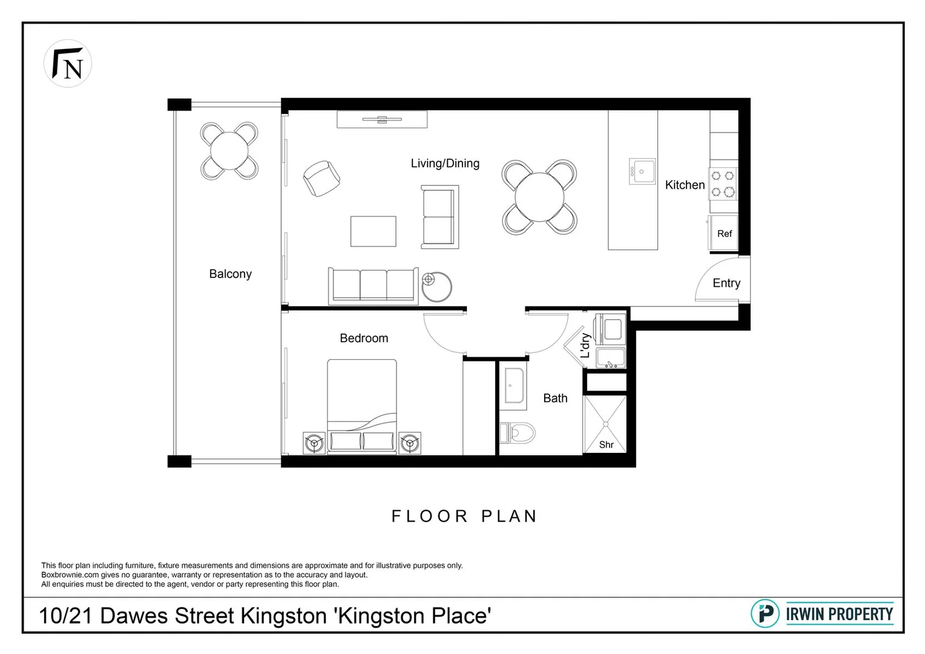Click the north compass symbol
point(68,64)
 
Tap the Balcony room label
point(230,274)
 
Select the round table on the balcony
point(229,151)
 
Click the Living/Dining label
point(445,163)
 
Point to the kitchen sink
point(642,171)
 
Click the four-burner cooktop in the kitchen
point(723,184)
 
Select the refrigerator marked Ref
point(724,233)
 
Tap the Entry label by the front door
point(726,283)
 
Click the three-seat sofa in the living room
point(373,285)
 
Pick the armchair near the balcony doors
point(321,178)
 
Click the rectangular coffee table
point(373,231)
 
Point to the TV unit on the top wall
point(382,119)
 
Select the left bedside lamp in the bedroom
point(314,443)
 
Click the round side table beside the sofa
point(436,286)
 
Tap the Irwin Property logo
point(821,614)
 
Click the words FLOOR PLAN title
point(464,516)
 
